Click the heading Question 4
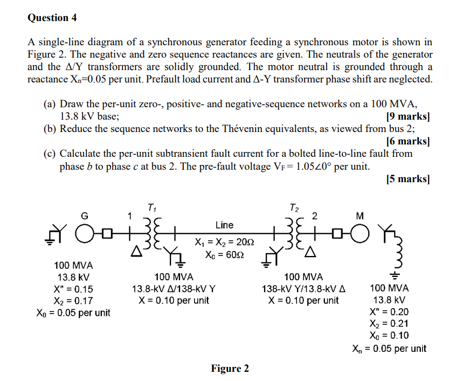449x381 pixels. click(x=52, y=17)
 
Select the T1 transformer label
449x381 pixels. click(x=152, y=207)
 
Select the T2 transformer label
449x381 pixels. click(x=293, y=207)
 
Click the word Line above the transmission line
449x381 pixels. click(x=224, y=225)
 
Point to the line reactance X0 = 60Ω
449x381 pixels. click(x=225, y=255)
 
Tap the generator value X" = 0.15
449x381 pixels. click(x=73, y=289)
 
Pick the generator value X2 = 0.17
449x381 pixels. click(x=73, y=301)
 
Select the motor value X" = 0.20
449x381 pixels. click(x=389, y=311)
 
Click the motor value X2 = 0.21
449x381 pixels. click(x=389, y=323)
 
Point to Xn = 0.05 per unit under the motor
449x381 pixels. click(x=389, y=348)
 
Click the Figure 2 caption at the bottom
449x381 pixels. click(x=230, y=369)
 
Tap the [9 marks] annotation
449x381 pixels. click(x=407, y=116)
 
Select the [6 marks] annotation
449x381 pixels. click(x=407, y=141)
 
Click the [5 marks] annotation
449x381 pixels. click(x=407, y=178)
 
